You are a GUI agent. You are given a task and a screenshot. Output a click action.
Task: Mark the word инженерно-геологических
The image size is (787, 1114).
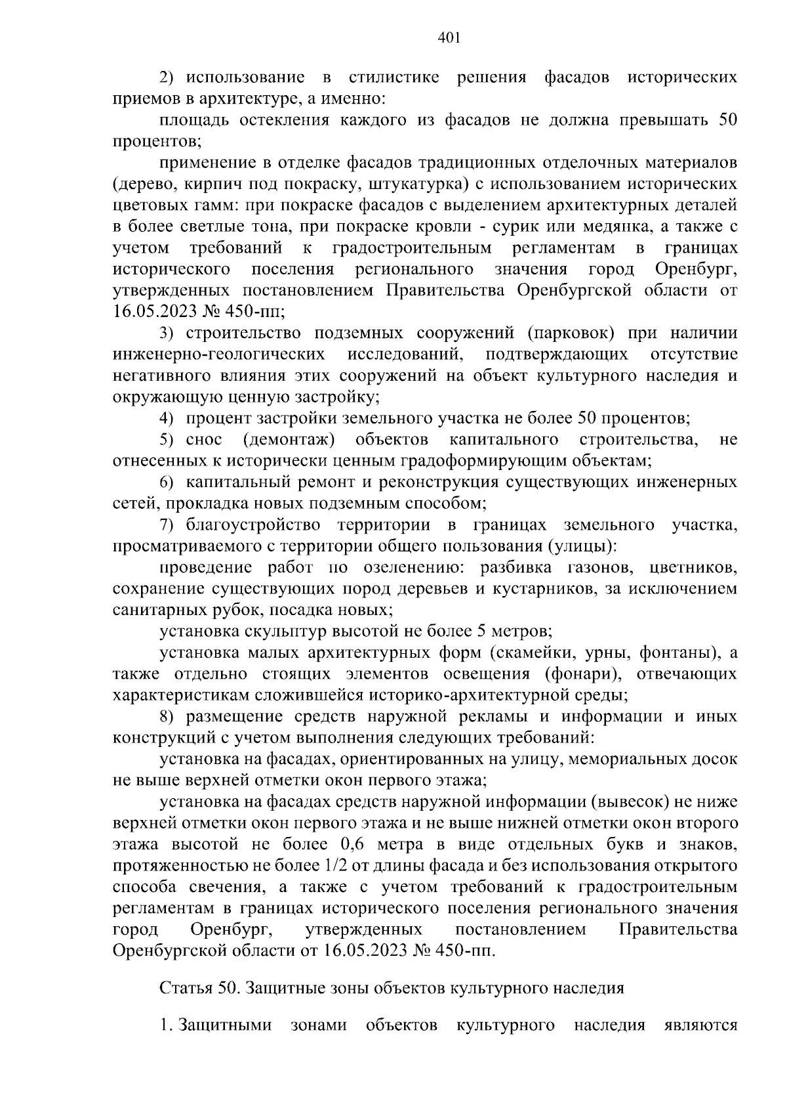point(219,355)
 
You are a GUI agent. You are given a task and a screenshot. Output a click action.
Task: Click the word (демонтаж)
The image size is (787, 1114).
point(289,440)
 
